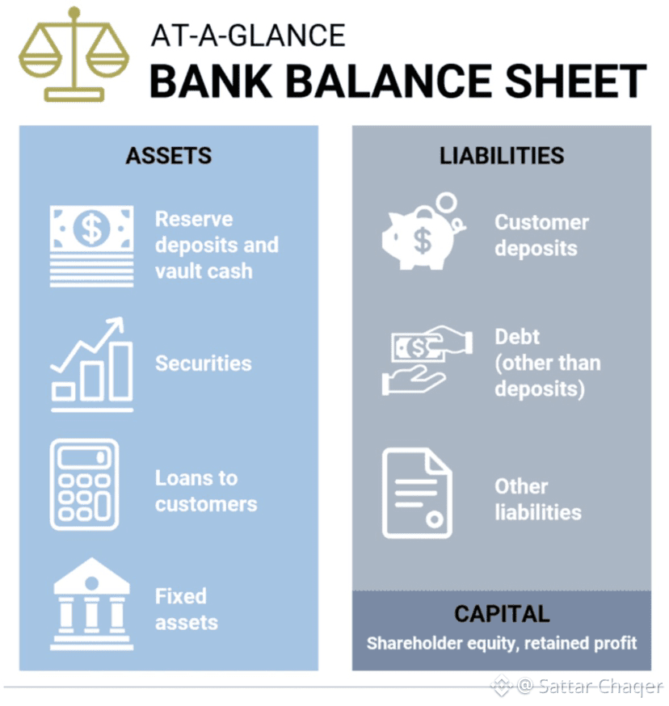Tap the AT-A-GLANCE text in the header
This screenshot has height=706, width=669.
[x=248, y=36]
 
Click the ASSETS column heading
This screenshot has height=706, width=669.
[x=169, y=155]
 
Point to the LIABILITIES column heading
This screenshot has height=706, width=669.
[x=502, y=155]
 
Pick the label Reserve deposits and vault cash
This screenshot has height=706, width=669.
[x=216, y=245]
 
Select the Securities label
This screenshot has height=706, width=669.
[x=203, y=364]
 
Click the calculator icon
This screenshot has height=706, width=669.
[x=84, y=485]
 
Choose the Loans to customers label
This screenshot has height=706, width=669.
[x=206, y=491]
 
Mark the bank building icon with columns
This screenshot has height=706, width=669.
[x=91, y=604]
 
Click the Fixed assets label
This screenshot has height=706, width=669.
[x=187, y=609]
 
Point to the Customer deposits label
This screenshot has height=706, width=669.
[x=541, y=234]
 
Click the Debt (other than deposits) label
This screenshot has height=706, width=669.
[x=547, y=363]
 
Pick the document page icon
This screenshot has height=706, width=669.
[x=416, y=494]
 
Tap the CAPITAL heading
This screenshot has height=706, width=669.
[x=502, y=614]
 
